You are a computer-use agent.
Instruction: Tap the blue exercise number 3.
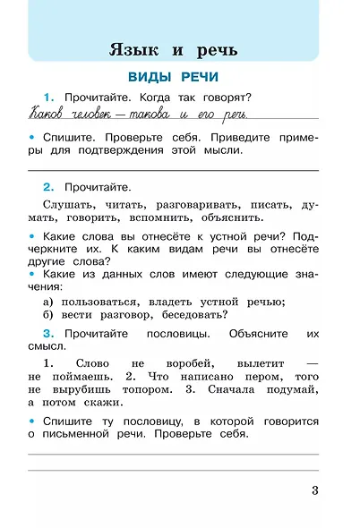pyautogui.click(x=48, y=333)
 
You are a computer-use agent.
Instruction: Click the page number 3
pyautogui.click(x=314, y=489)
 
